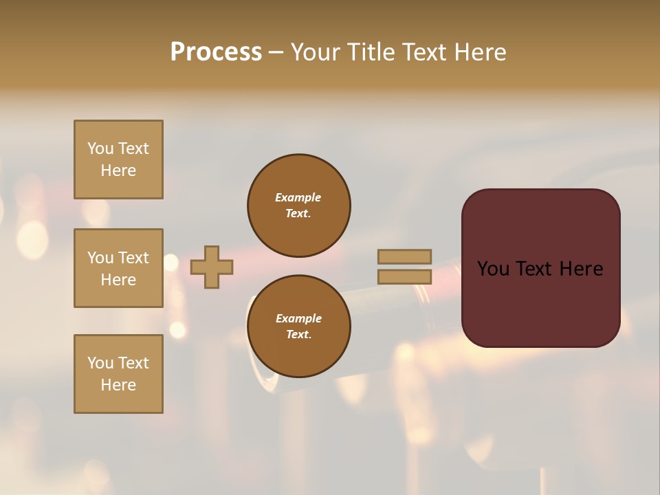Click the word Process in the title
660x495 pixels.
click(x=216, y=52)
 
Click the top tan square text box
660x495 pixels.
click(x=118, y=159)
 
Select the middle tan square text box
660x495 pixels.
click(x=118, y=268)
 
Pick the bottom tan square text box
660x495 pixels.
click(x=118, y=374)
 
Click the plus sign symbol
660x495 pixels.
click(x=212, y=267)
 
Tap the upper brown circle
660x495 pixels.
click(x=299, y=206)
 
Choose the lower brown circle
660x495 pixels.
click(x=299, y=327)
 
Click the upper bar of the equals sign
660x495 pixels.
click(x=405, y=256)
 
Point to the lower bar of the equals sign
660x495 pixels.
click(x=405, y=276)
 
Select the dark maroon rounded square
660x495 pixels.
click(x=540, y=267)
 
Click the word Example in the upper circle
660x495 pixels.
click(x=298, y=197)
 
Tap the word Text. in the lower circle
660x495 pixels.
click(x=298, y=335)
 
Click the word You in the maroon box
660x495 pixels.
click(x=492, y=269)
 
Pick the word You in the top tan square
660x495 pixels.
click(x=100, y=148)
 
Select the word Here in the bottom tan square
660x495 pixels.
click(x=118, y=385)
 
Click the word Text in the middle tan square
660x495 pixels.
click(x=133, y=258)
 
